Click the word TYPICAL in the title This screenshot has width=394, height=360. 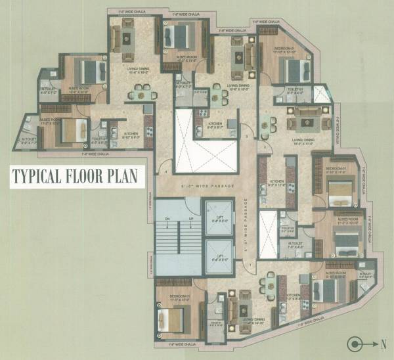click(38, 177)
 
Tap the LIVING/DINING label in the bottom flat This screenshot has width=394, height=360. click(242, 323)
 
